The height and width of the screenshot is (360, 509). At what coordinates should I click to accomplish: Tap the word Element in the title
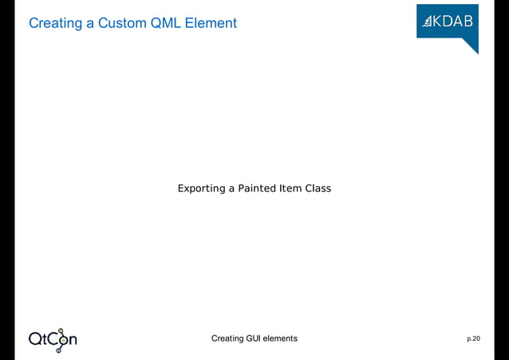211,23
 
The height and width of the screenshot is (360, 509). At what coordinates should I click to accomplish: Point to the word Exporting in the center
202,189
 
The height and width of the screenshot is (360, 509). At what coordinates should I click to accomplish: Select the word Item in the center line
290,188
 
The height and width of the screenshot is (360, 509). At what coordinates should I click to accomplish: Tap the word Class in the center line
318,188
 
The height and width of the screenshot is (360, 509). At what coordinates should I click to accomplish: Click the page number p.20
473,339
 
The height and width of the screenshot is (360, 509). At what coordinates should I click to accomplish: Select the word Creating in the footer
227,338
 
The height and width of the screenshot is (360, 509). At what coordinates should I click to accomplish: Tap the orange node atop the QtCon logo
61,330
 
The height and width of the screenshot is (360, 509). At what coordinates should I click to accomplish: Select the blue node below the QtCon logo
58,350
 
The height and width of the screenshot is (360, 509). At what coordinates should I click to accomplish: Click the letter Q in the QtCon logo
37,339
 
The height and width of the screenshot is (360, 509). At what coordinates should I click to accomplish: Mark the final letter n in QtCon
72,340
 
